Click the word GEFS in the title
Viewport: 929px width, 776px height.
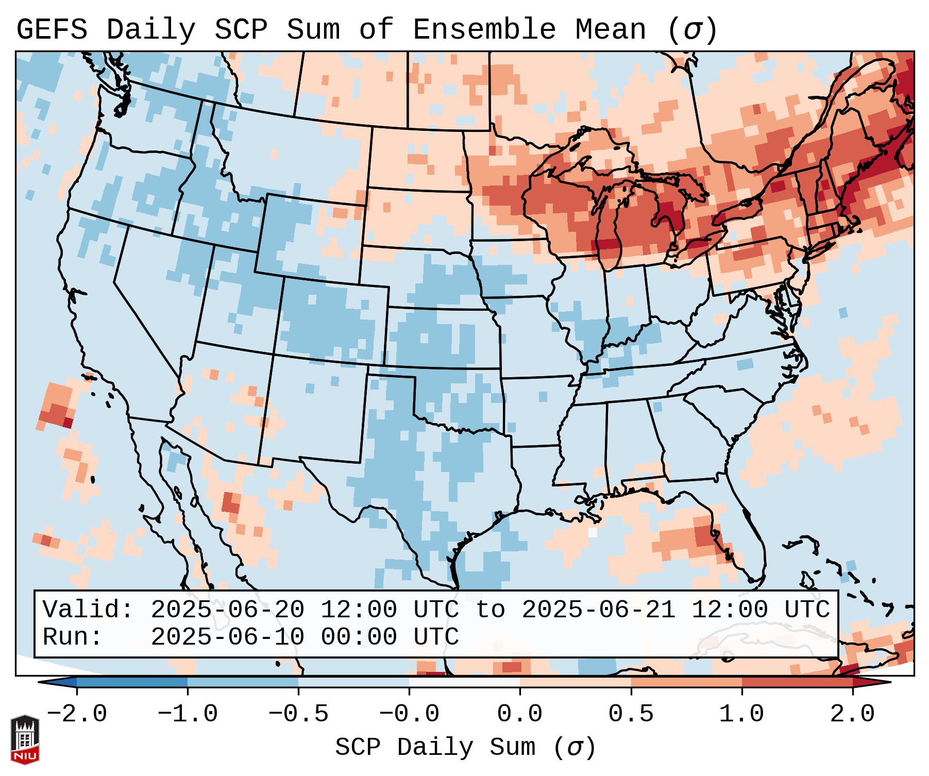coord(52,30)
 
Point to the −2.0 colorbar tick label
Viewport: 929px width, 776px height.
coord(77,714)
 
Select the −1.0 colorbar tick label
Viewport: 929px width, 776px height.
coord(188,714)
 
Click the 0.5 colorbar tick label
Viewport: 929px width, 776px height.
coord(631,714)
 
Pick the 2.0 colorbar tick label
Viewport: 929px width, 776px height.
coord(852,714)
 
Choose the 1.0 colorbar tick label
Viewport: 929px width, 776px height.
coord(741,714)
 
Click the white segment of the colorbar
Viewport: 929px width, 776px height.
coord(464,682)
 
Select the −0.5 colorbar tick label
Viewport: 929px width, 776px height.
coord(298,714)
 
